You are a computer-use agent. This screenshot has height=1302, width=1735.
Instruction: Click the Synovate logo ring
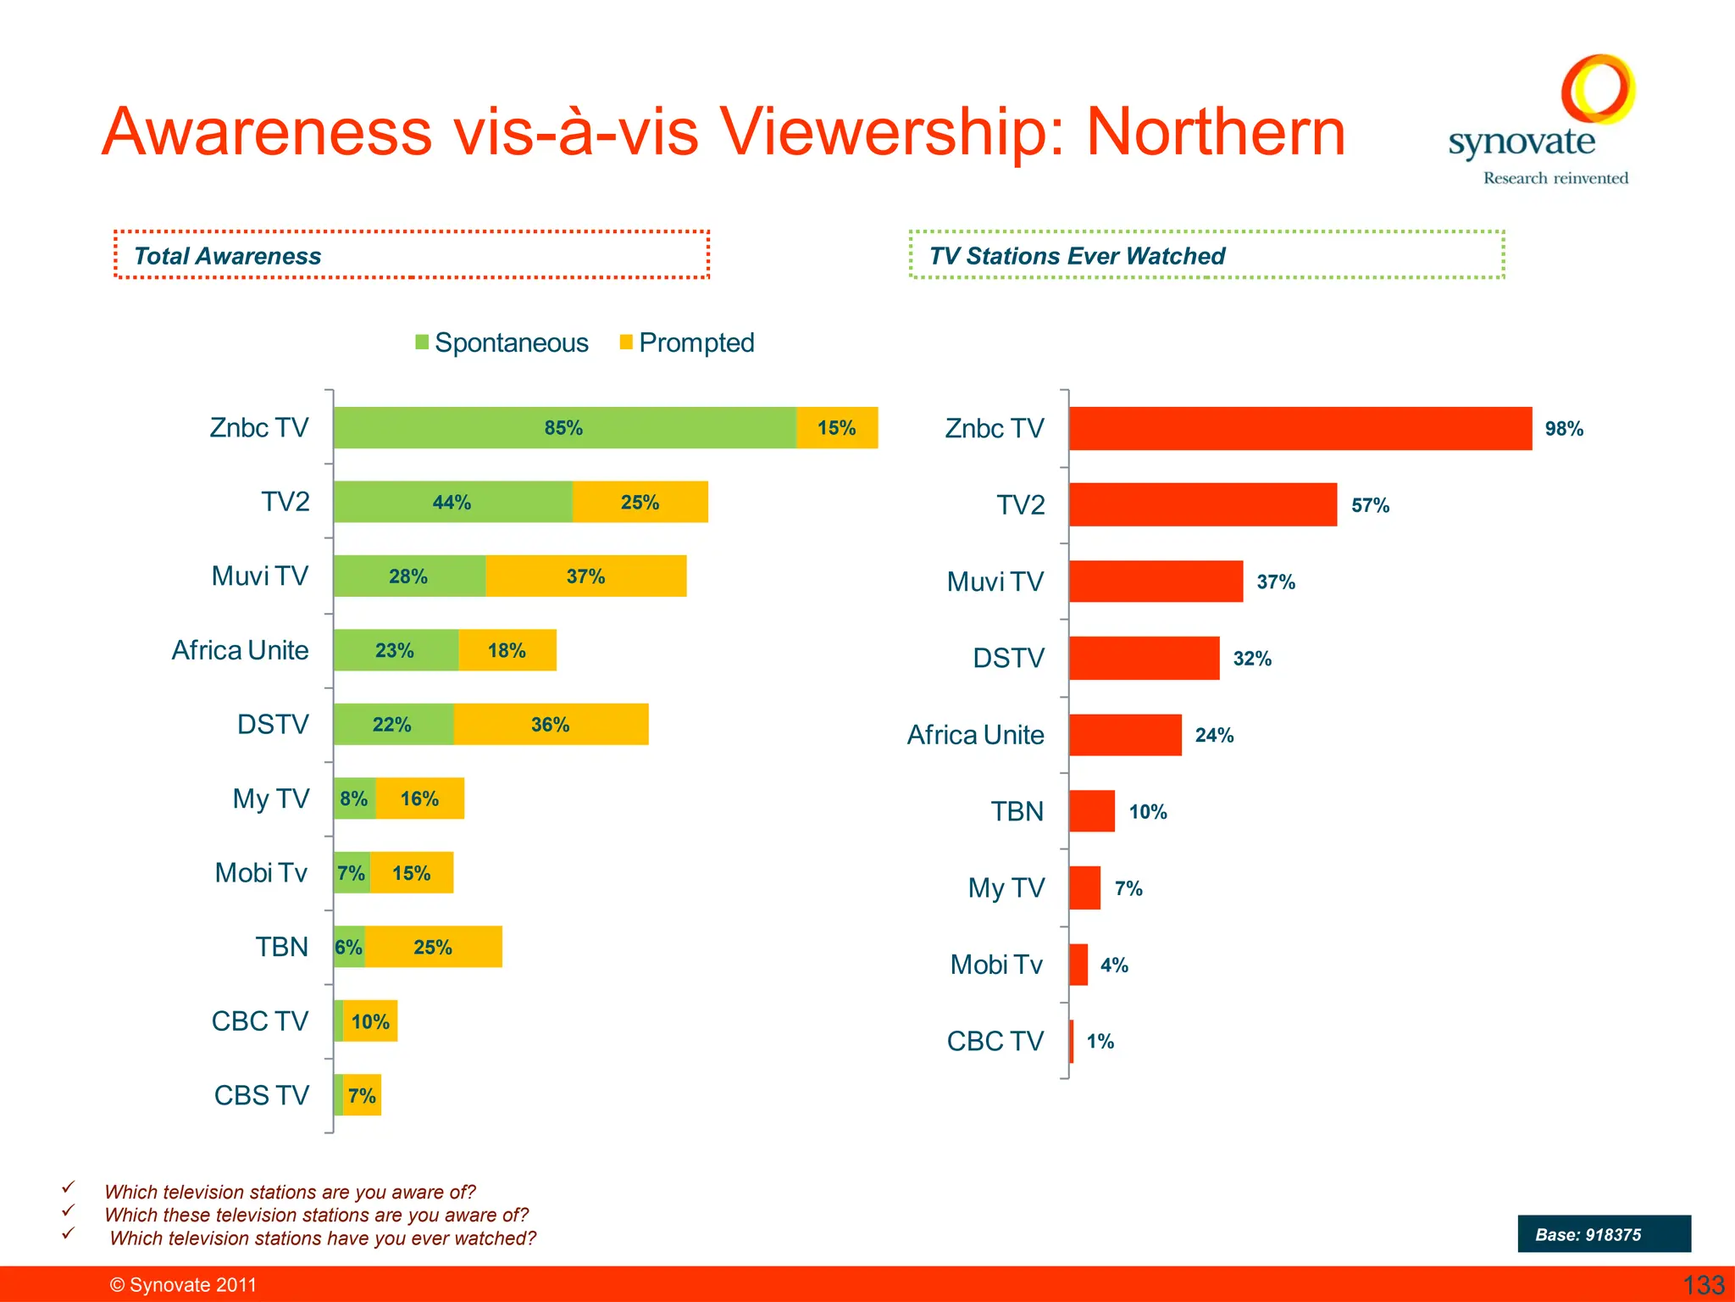[x=1598, y=88]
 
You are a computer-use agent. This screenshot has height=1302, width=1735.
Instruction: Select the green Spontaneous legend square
[x=422, y=342]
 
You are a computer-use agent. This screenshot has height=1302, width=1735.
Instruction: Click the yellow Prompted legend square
[x=626, y=342]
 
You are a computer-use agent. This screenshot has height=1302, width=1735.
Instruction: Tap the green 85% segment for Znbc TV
[x=564, y=428]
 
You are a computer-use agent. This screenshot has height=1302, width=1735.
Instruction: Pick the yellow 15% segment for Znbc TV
[x=837, y=428]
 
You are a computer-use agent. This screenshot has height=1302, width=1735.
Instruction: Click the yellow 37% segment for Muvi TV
[x=585, y=576]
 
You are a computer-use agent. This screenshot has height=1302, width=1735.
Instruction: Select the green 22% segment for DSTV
[x=393, y=725]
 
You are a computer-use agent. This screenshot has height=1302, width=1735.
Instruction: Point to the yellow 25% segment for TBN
[x=433, y=947]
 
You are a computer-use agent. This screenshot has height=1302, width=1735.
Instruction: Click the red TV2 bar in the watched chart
[x=1203, y=505]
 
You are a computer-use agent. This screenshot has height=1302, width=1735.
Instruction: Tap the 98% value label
[x=1564, y=429]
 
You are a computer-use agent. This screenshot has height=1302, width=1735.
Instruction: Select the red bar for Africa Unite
[x=1125, y=735]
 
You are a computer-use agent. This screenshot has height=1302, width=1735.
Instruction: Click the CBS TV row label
[x=261, y=1095]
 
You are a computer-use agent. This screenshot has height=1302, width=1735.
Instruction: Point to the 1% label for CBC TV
[x=1100, y=1042]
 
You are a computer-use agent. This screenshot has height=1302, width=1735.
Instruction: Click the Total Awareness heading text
[x=227, y=256]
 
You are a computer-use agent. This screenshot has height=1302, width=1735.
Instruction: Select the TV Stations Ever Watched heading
[x=1077, y=256]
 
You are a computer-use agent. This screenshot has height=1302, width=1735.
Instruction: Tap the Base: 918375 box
[x=1604, y=1234]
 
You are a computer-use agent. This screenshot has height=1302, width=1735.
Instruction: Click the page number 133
[x=1703, y=1285]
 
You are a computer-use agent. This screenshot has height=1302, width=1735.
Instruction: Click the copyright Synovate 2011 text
[x=183, y=1285]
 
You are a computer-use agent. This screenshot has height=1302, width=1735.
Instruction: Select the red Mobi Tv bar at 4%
[x=1078, y=965]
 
